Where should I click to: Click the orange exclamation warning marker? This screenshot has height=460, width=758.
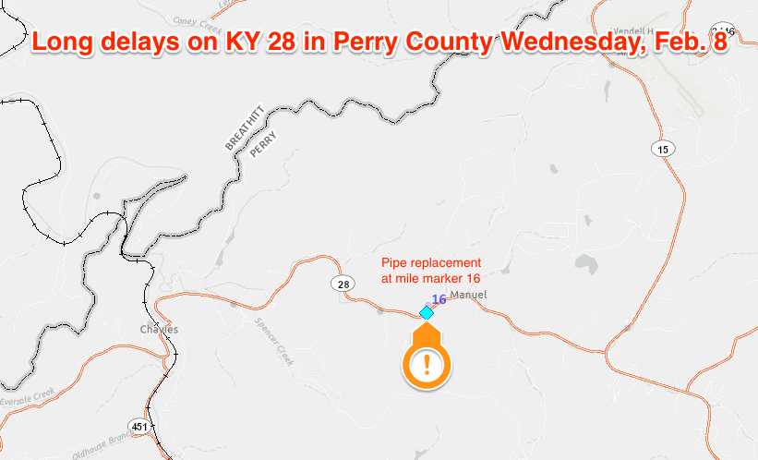[426, 364]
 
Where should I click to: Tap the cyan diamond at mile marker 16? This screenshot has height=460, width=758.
[427, 313]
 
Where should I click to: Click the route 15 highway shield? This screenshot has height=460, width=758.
[662, 149]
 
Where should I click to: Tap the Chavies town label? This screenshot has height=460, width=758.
[158, 330]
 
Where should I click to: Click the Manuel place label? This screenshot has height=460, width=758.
[467, 296]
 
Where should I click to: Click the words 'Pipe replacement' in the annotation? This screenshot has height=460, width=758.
[431, 263]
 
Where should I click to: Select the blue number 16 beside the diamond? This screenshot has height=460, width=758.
[439, 298]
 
